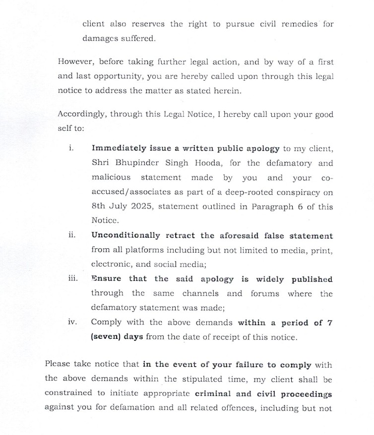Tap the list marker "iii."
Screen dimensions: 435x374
[72, 279]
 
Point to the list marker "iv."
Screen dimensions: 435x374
[72, 323]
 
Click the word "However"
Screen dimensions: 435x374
[75, 62]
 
